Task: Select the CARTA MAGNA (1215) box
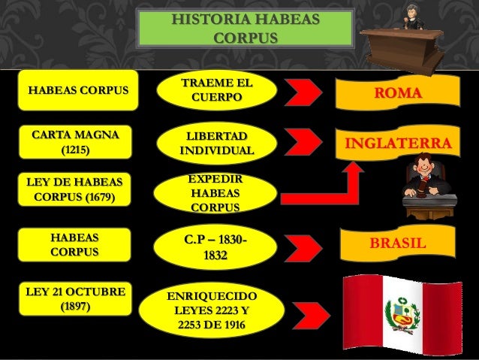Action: pos(74,142)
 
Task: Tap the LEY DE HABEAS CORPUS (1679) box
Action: pos(74,191)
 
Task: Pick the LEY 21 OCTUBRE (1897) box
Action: pos(74,298)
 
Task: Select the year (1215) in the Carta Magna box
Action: pos(74,150)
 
